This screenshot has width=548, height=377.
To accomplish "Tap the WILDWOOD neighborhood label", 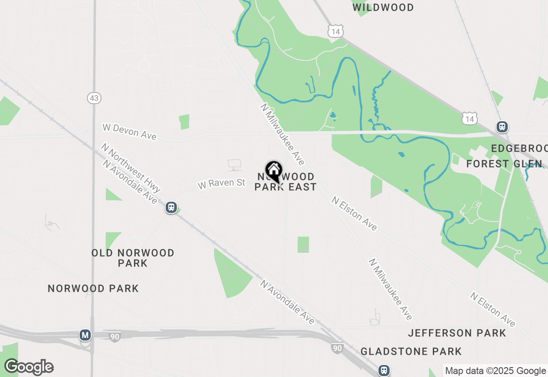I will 383,8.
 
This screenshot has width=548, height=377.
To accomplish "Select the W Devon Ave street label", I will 129,132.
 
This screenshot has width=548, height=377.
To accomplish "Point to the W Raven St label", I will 221,184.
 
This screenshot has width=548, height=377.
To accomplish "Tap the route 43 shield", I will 94,98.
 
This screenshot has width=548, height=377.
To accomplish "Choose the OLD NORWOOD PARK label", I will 133,258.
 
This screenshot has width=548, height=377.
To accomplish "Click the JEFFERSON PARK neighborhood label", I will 457,333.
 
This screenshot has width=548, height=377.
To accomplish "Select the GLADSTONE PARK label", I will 411,352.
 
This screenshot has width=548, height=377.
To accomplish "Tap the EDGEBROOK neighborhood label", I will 519,149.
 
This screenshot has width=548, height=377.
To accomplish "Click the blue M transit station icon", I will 85,335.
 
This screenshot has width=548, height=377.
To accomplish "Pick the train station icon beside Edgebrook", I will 502,127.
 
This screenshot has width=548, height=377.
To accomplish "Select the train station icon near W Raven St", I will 171,207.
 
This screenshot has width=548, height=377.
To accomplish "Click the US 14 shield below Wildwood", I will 336,31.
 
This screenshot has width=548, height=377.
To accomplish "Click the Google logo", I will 29,367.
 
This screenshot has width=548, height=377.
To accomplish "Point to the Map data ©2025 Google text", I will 495,371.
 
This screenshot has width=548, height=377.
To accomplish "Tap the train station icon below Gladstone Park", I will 384,370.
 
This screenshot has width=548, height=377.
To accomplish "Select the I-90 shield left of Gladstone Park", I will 337,348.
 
